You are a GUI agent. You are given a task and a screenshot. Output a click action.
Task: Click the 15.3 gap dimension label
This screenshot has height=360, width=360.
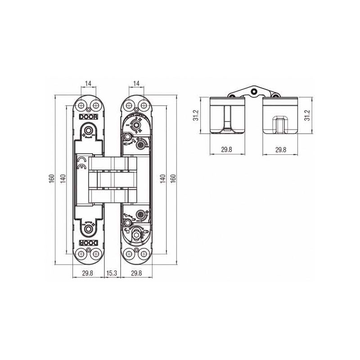point(111,273)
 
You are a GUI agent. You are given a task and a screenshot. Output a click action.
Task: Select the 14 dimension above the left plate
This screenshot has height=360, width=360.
point(88,83)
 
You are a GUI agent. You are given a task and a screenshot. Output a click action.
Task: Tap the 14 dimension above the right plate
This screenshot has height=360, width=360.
point(136,83)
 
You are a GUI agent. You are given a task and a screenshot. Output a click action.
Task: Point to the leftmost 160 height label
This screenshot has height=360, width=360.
point(52,179)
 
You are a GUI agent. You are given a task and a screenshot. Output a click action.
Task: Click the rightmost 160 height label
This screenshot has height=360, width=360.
point(173,179)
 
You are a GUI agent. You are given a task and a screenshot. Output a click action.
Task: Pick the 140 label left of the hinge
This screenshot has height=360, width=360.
point(63,179)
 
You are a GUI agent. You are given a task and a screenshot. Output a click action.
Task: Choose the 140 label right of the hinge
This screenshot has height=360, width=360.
point(162,179)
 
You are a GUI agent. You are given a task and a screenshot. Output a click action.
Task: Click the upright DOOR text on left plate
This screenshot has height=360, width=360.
point(88,117)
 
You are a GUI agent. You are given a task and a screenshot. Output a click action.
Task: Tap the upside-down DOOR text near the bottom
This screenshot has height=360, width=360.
point(88,243)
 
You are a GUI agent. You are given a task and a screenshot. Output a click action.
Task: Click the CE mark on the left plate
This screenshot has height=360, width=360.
point(81,163)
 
